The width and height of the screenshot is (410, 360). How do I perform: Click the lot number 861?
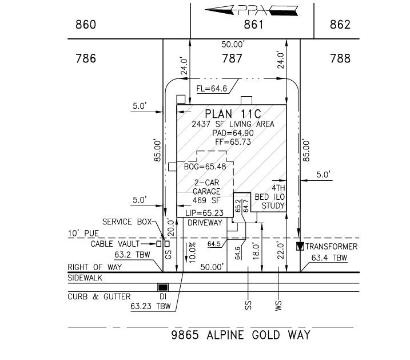pyautogui.click(x=253, y=25)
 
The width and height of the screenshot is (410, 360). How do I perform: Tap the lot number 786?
pyautogui.click(x=86, y=58)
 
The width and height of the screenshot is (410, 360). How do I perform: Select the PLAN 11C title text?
pyautogui.click(x=233, y=114)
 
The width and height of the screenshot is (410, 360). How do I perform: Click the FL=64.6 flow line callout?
pyautogui.click(x=212, y=89)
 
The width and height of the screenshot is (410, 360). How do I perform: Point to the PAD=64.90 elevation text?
pyautogui.click(x=233, y=133)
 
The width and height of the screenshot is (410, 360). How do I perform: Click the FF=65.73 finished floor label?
pyautogui.click(x=233, y=142)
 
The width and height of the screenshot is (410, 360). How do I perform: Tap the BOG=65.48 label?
pyautogui.click(x=205, y=167)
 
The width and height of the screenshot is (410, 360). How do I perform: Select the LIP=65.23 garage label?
pyautogui.click(x=205, y=213)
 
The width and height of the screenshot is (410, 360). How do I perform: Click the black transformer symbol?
pyautogui.click(x=300, y=246)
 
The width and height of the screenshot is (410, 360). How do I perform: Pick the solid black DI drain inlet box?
pyautogui.click(x=163, y=287)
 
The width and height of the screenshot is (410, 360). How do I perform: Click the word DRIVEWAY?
pyautogui.click(x=205, y=223)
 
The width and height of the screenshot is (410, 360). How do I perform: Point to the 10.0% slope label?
pyautogui.click(x=193, y=252)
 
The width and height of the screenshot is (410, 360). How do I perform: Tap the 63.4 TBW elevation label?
pyautogui.click(x=329, y=258)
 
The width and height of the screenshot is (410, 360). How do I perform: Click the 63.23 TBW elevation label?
pyautogui.click(x=150, y=306)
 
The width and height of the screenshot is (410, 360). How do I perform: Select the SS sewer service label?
pyautogui.click(x=248, y=306)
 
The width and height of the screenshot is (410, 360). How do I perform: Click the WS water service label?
pyautogui.click(x=278, y=306)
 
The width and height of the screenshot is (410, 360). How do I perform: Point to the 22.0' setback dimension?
pyautogui.click(x=281, y=251)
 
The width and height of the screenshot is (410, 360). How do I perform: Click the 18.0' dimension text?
pyautogui.click(x=256, y=251)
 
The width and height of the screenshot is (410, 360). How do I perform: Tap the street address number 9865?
pyautogui.click(x=185, y=335)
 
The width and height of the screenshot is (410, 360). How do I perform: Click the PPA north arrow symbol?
pyautogui.click(x=251, y=10)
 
